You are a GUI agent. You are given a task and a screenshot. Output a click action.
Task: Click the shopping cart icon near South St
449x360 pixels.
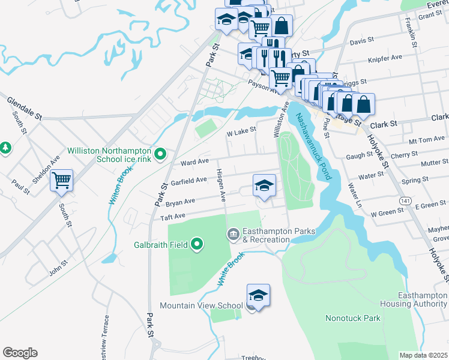pyautogui.click(x=61, y=179)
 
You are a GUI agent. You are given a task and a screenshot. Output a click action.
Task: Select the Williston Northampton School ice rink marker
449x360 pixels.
pyautogui.click(x=160, y=155)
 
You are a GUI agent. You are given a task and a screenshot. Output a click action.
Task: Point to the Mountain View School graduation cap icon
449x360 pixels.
pyautogui.click(x=258, y=296)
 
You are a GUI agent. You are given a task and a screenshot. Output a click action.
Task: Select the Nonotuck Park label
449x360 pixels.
pyautogui.click(x=352, y=318)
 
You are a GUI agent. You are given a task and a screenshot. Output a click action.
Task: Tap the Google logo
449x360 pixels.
pyautogui.click(x=20, y=353)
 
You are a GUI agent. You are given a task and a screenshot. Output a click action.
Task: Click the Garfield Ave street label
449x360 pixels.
pyautogui.click(x=188, y=180)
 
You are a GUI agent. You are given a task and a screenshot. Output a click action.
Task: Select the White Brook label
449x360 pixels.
pyautogui.click(x=231, y=268)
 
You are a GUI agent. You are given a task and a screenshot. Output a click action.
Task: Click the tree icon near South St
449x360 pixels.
pyautogui.click(x=5, y=146)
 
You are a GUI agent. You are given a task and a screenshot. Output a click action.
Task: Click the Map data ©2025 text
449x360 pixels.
pyautogui.click(x=423, y=355)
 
